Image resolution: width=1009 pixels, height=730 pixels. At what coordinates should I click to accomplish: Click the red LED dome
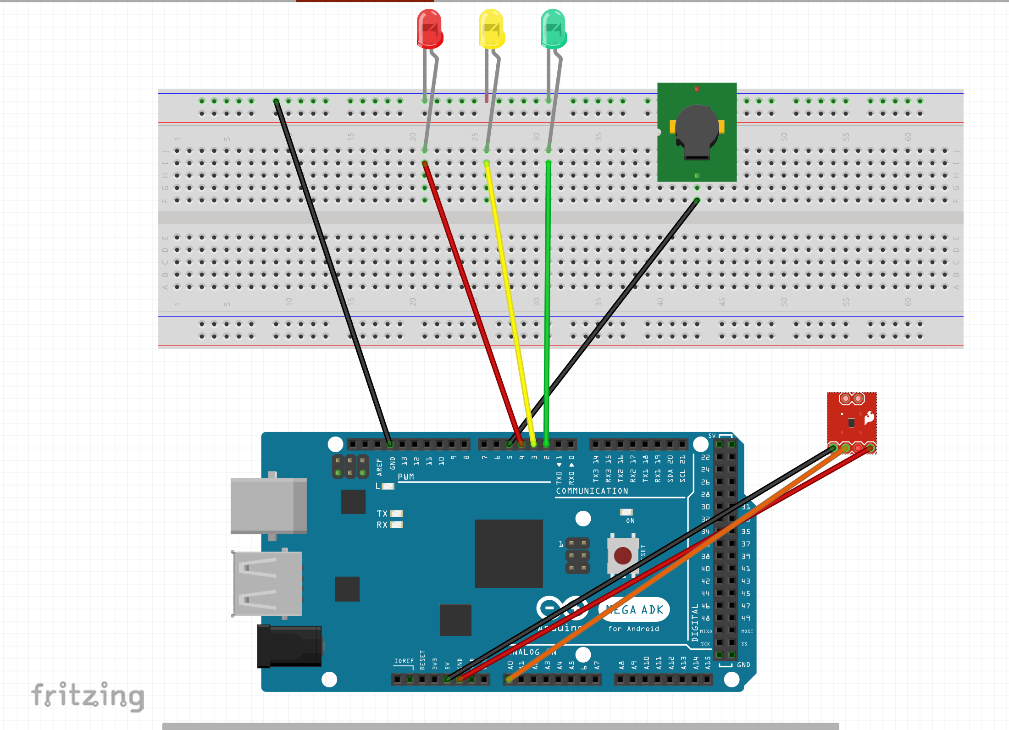429,28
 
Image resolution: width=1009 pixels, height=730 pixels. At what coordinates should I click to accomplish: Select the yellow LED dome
491,28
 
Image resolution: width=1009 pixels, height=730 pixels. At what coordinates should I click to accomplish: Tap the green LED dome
554,28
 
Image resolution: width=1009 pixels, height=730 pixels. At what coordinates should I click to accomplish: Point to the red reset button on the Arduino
622,555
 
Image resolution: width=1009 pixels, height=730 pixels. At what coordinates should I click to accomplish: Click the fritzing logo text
88,696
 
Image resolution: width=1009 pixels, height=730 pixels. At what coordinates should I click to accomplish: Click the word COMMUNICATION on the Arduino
592,491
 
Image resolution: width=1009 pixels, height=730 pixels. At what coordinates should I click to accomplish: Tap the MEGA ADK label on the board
634,610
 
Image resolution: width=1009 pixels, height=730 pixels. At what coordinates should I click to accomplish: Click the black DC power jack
289,646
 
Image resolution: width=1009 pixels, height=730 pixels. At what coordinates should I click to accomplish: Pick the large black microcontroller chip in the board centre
508,553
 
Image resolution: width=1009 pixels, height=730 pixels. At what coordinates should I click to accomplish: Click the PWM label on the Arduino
406,477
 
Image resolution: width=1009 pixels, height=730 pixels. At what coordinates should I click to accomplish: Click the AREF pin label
379,467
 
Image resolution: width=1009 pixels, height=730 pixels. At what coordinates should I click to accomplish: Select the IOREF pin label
404,661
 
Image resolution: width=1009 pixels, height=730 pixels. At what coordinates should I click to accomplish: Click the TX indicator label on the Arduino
382,514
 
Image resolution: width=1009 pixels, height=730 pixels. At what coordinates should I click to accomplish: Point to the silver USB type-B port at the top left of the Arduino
268,505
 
